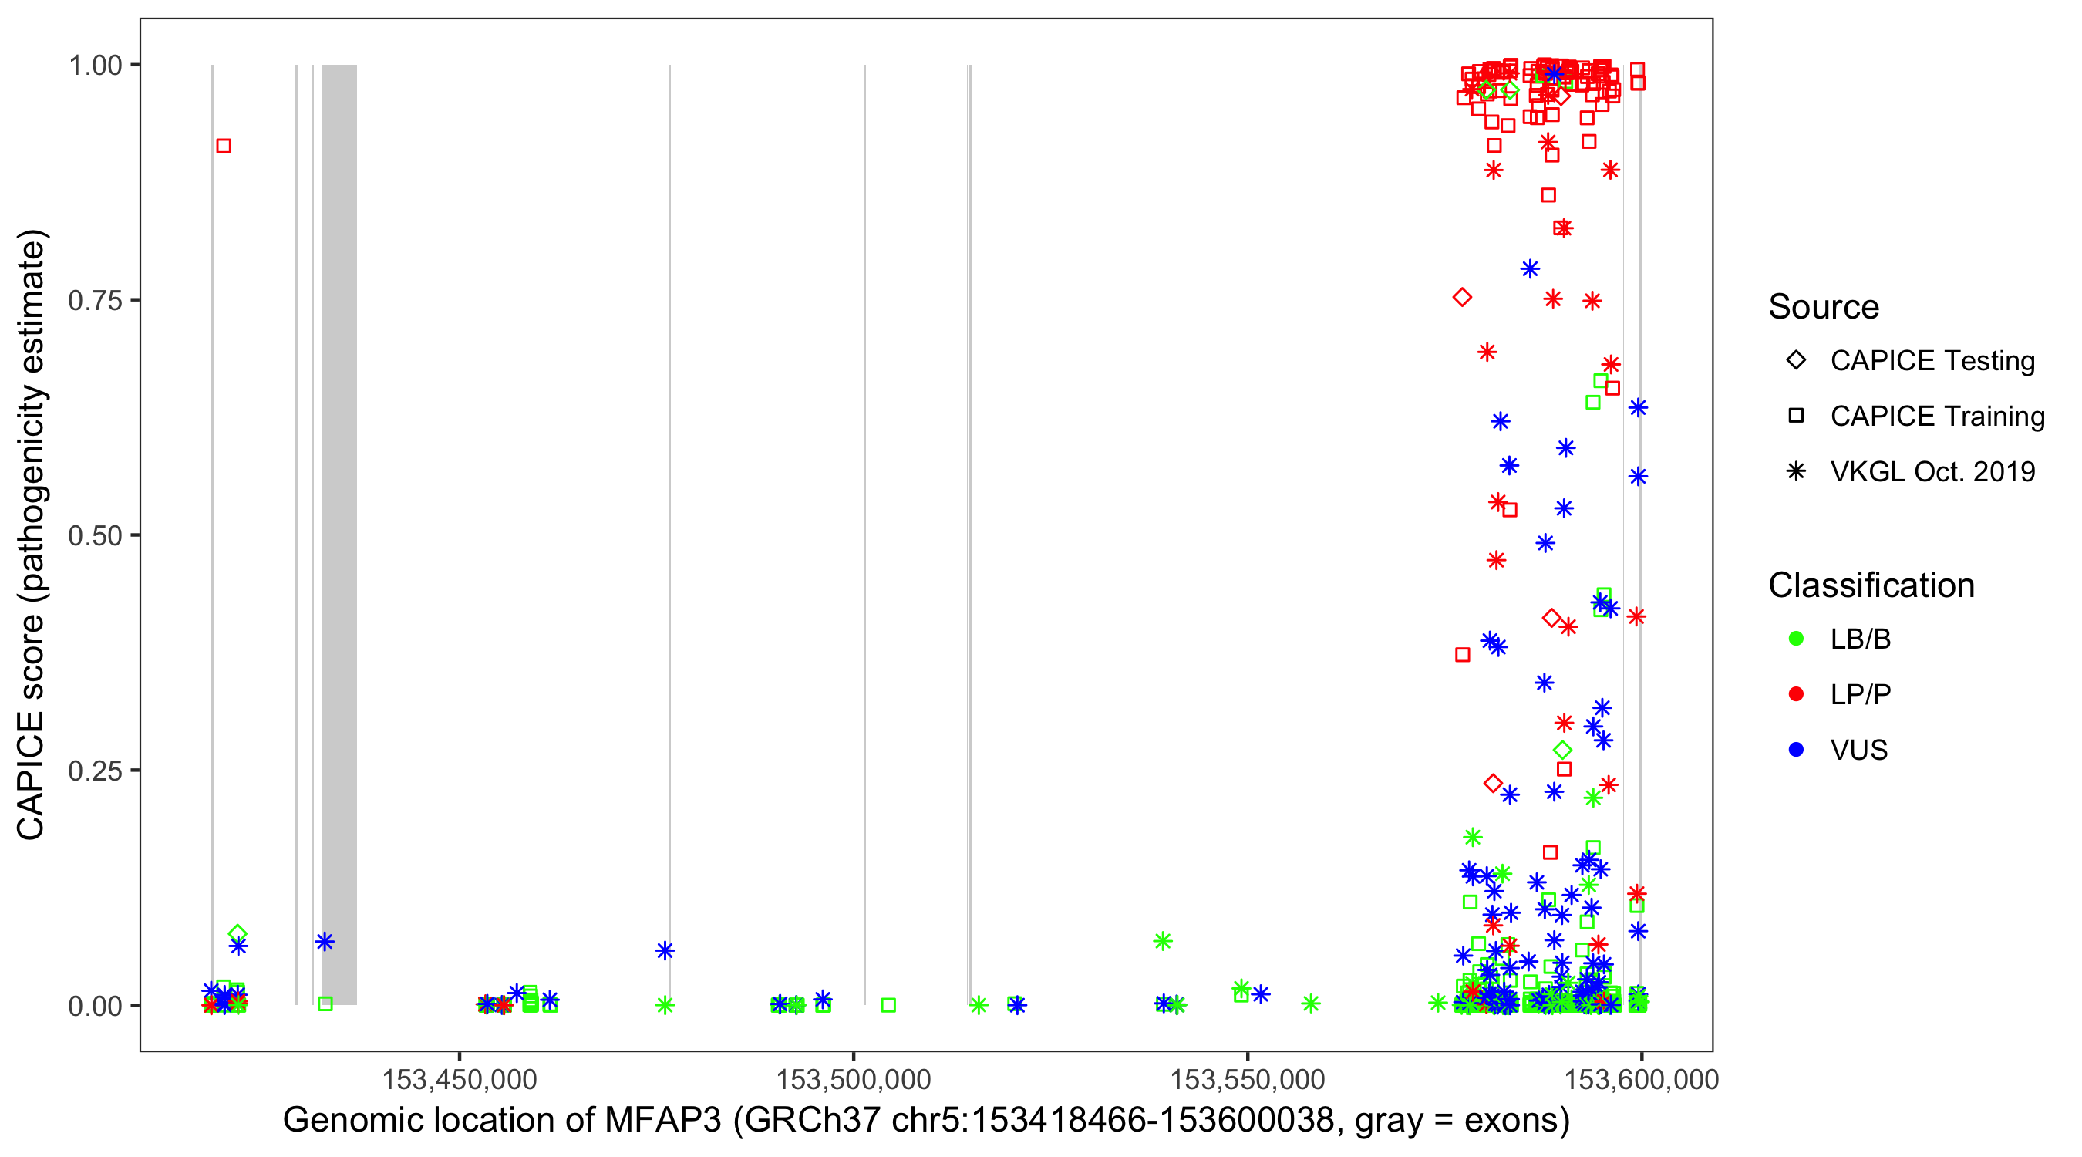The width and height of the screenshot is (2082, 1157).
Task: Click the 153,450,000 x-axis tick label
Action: click(459, 1079)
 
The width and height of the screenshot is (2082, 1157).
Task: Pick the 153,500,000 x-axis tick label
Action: click(854, 1079)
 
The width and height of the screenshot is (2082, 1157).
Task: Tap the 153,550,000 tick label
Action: click(1247, 1079)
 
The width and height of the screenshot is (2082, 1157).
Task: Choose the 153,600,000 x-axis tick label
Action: click(1641, 1079)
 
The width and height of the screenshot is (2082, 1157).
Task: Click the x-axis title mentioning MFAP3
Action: click(926, 1121)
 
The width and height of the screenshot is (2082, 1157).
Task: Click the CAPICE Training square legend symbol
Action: click(1796, 416)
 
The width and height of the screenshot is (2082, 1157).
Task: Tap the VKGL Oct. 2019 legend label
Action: click(1932, 471)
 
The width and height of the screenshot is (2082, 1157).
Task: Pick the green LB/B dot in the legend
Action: click(1796, 639)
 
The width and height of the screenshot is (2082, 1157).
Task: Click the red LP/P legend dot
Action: click(1796, 694)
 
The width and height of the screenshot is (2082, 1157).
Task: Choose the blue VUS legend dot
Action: click(1796, 750)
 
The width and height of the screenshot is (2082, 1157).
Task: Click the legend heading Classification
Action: click(1871, 585)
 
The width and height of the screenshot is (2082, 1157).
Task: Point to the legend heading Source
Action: click(1824, 307)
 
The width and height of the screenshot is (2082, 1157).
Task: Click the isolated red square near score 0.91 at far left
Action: click(224, 146)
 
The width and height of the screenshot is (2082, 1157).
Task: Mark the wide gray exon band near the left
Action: click(339, 534)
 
